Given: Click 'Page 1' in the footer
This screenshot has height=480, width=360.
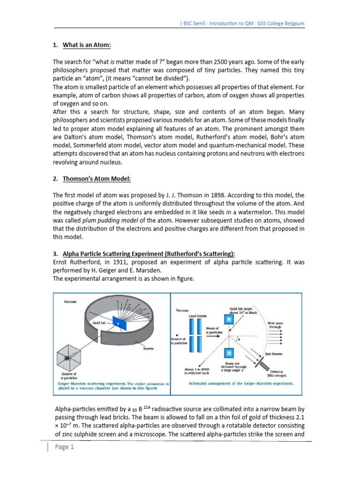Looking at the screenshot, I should [x=65, y=447].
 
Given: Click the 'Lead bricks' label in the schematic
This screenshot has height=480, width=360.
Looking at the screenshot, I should [x=198, y=316].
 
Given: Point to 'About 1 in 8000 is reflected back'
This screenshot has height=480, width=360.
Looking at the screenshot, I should [x=196, y=371].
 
